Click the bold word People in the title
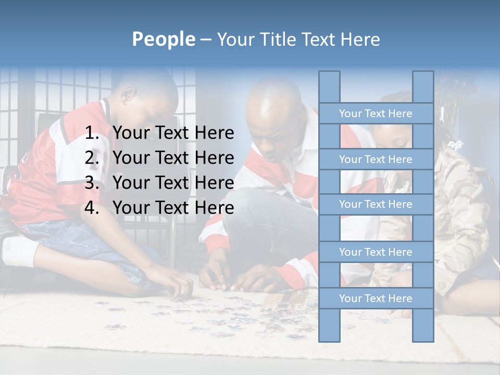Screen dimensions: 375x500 click(x=163, y=39)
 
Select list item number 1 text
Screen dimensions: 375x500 click(x=173, y=133)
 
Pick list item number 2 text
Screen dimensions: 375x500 click(x=173, y=158)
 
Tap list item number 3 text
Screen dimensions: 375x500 click(x=173, y=183)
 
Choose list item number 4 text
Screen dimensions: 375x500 click(x=173, y=208)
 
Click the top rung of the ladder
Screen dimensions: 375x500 click(x=376, y=114)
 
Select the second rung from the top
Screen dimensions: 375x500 click(x=376, y=159)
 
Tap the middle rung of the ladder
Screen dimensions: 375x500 click(x=376, y=204)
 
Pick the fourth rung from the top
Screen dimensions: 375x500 click(x=376, y=252)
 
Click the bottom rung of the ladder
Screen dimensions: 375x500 click(x=376, y=298)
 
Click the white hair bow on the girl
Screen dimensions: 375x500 click(x=456, y=144)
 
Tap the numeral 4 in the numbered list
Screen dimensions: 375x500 click(x=92, y=208)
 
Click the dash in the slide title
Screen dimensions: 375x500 click(x=205, y=40)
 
